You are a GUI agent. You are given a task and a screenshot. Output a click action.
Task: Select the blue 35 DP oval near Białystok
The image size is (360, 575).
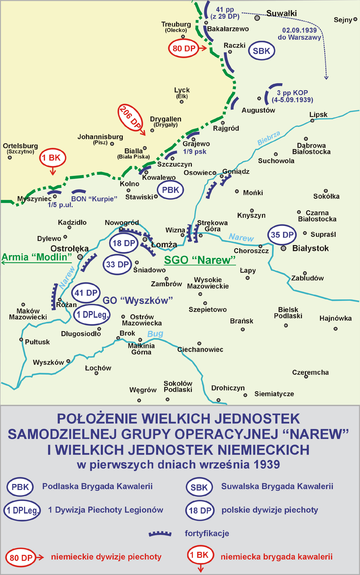[282, 236]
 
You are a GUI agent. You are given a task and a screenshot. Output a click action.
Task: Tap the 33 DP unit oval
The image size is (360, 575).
[117, 264]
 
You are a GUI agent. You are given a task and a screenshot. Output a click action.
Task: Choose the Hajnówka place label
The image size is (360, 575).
[337, 318]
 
